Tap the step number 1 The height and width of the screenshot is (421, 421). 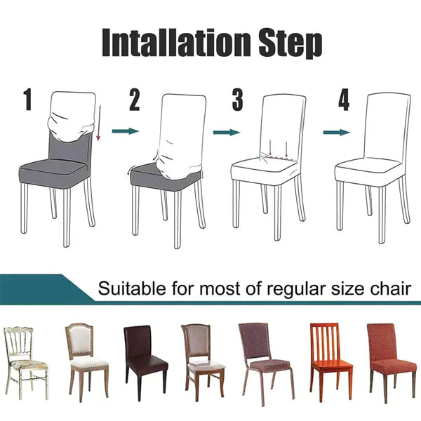(x=28, y=100)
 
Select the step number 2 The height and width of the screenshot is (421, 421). (x=135, y=101)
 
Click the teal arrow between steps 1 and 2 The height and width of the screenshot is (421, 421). (x=126, y=131)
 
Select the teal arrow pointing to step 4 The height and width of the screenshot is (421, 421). (x=336, y=131)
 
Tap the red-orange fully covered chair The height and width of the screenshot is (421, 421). (x=390, y=358)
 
